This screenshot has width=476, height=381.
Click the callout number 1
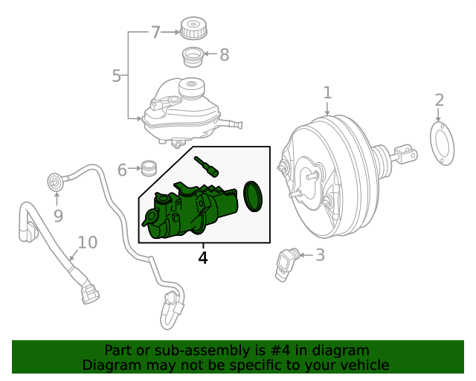coord(327,93)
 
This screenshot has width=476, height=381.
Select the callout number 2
coord(439,100)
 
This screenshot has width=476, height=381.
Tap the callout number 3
coord(320,255)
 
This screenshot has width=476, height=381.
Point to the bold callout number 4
coord(202,258)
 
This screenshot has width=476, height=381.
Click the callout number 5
coord(116,75)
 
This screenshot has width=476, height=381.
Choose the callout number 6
coord(122,170)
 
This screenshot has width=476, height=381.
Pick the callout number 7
coord(155,32)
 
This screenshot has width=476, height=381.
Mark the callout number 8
coord(224,54)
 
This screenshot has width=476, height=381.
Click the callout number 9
coord(58,216)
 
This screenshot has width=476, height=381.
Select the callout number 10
coord(87,242)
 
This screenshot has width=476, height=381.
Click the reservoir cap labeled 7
coord(193,28)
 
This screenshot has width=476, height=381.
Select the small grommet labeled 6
coord(149,168)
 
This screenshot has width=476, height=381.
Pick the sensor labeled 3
coord(286,263)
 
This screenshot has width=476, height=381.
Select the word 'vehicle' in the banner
coord(364,365)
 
